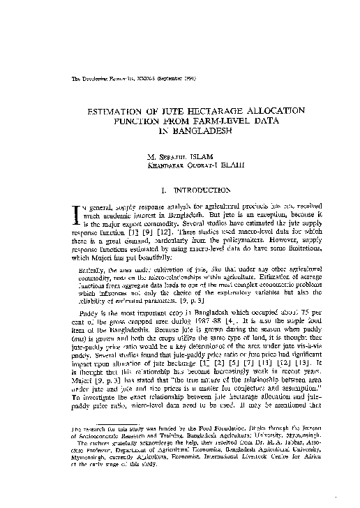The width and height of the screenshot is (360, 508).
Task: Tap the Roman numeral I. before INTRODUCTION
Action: click(162, 189)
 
